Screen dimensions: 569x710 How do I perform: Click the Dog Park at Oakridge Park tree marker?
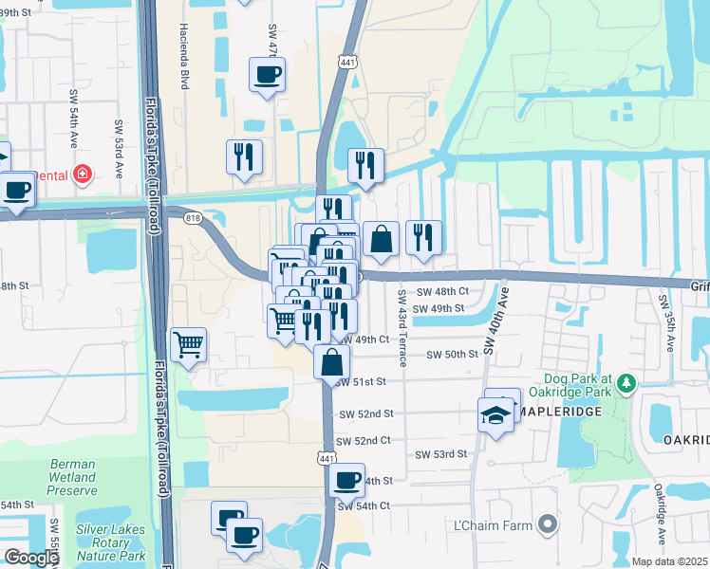click(625, 383)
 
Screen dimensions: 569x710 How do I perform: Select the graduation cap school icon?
click(495, 414)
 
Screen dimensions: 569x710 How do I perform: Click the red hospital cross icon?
click(83, 174)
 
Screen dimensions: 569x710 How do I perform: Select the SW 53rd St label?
click(441, 454)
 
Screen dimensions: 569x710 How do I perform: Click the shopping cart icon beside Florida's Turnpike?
click(188, 345)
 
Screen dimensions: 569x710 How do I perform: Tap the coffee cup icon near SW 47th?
click(267, 74)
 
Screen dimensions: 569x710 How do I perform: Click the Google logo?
click(30, 559)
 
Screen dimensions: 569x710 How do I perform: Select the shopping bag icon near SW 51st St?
click(331, 362)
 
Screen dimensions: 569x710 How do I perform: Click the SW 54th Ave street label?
click(73, 127)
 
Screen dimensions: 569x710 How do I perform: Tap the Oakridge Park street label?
click(660, 506)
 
